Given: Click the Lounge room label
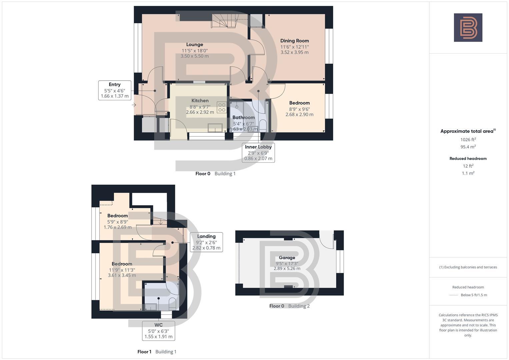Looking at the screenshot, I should point(195,45).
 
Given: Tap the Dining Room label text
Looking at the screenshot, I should point(294,41).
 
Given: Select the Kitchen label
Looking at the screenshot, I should point(200,101).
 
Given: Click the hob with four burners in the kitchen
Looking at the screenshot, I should point(222,107).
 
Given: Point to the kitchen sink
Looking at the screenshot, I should point(215,128).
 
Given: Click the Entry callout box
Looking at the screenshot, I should point(115,90).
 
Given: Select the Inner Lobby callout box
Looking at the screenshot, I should point(258,153).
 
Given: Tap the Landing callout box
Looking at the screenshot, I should point(206,242).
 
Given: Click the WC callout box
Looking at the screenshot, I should point(159,331).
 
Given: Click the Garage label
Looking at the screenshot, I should point(287,258).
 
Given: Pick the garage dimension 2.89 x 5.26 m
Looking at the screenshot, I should point(287,268).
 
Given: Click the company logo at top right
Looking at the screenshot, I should point(468,28).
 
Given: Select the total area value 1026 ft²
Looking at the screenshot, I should point(468,140).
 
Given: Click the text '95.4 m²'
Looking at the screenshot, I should point(468,147).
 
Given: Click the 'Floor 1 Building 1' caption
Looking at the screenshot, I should point(157,352).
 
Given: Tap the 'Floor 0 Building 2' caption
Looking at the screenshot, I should point(289,306).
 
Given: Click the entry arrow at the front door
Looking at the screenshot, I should point(134,105).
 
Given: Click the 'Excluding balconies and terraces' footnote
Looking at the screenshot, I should point(468,267).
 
